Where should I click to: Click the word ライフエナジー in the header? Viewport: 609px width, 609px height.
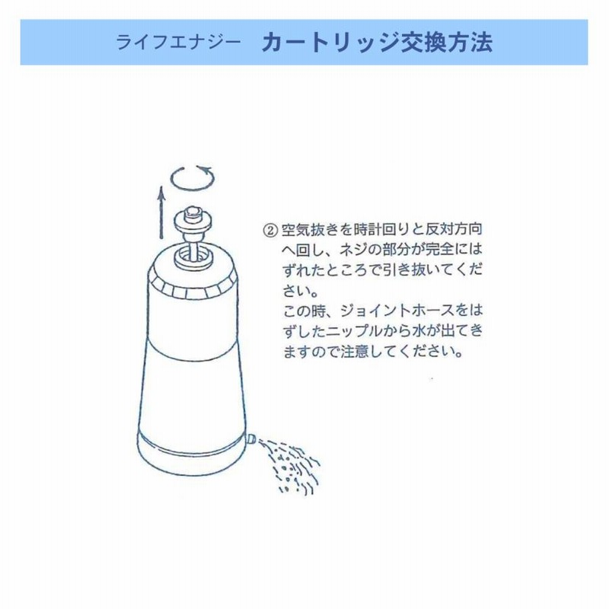point(178,43)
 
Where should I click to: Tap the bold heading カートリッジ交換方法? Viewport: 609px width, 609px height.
point(377,43)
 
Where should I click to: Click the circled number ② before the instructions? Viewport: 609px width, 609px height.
point(270,230)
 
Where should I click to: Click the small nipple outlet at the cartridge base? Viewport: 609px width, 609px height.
point(251,439)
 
